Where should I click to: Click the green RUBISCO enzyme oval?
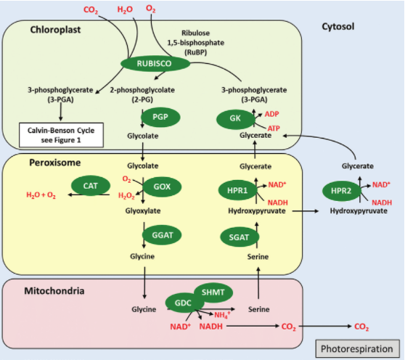tap(155, 64)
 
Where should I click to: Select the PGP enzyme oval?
tap(160, 118)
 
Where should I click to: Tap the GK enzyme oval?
tap(235, 119)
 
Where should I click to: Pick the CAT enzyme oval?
tap(91, 186)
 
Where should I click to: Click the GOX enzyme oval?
tap(162, 187)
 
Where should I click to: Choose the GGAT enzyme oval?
tap(162, 235)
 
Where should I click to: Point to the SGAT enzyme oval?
tap(240, 237)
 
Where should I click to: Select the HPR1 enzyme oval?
tap(237, 190)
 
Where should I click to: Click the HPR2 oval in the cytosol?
tap(341, 191)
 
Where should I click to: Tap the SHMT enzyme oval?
tap(213, 292)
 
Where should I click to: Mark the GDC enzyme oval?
tap(183, 303)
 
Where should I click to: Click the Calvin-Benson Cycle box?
tap(61, 135)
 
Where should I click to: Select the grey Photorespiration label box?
tap(358, 348)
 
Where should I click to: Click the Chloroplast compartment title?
tap(56, 30)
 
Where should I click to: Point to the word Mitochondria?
tap(54, 291)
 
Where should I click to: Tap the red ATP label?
tap(274, 128)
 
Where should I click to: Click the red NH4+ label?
tap(222, 315)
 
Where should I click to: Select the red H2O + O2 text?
tap(41, 195)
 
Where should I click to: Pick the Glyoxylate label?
tap(143, 210)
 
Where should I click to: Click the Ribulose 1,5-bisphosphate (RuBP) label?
tap(195, 43)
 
